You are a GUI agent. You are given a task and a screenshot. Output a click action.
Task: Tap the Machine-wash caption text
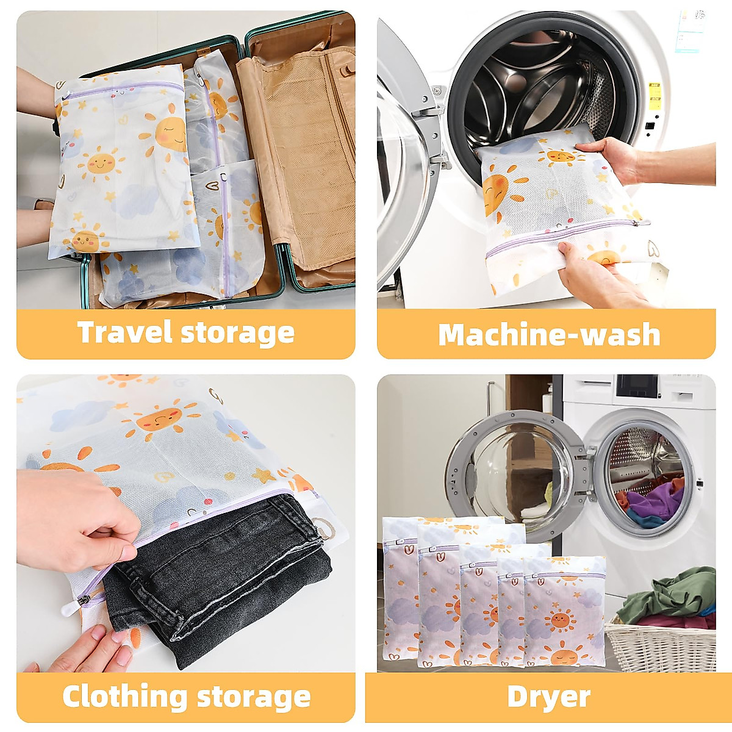click(x=548, y=334)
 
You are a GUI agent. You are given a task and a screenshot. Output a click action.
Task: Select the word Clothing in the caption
click(x=126, y=696)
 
